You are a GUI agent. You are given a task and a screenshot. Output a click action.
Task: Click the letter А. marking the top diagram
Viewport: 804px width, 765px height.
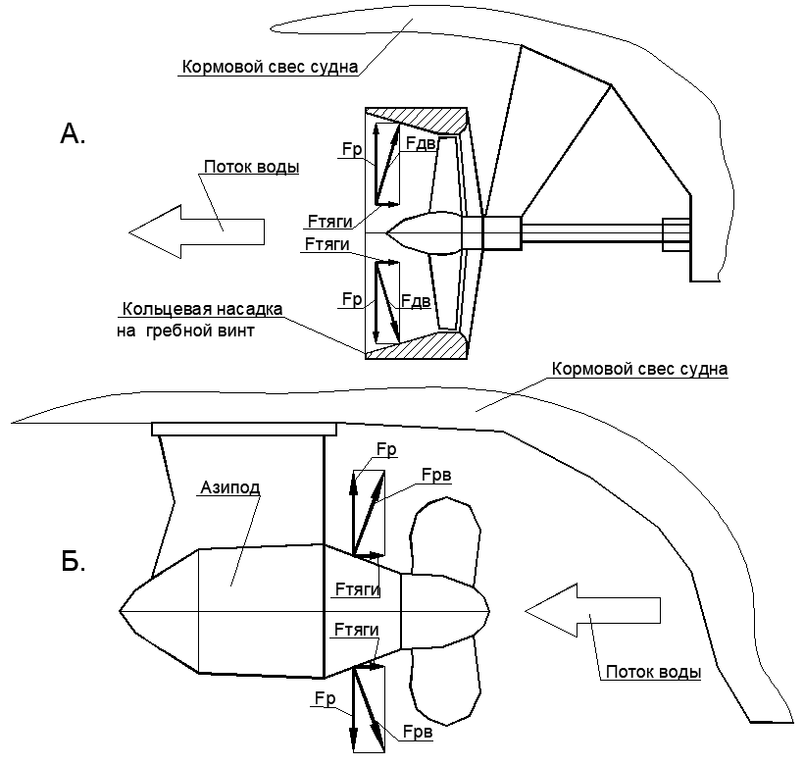tap(73, 133)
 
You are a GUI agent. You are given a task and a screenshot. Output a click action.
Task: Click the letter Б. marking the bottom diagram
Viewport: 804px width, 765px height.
tap(73, 562)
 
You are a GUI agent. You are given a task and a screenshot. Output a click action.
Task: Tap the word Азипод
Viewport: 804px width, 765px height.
tap(229, 487)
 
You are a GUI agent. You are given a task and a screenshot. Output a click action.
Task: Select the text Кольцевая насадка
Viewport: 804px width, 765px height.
tap(203, 309)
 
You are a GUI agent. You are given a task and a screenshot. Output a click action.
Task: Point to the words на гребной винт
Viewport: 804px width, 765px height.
tap(185, 331)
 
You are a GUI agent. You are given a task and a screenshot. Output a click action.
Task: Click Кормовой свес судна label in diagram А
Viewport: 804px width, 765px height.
tap(270, 67)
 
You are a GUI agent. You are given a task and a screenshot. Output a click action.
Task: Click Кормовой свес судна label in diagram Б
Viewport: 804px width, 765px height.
tap(639, 369)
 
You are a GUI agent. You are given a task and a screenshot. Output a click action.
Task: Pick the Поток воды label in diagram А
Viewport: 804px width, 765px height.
tap(251, 167)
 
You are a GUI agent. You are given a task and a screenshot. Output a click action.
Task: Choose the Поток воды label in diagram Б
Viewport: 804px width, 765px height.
tap(653, 672)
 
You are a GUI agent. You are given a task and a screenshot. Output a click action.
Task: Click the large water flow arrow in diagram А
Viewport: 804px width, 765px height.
tap(196, 231)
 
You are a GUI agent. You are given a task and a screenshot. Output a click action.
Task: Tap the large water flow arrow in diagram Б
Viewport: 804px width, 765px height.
tap(593, 610)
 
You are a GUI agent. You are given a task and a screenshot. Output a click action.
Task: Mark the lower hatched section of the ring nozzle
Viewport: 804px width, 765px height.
tap(417, 345)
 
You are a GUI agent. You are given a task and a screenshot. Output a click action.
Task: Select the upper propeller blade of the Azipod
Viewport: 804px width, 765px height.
tap(445, 541)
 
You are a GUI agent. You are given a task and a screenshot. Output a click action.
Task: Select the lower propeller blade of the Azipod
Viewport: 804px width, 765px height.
tap(445, 682)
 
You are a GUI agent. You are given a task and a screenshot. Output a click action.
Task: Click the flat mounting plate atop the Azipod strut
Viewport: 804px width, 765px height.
tap(244, 430)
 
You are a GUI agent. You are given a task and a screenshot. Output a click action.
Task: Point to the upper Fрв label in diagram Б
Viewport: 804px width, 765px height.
tap(436, 476)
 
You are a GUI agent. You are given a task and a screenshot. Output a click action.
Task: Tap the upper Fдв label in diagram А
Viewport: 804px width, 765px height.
tap(421, 143)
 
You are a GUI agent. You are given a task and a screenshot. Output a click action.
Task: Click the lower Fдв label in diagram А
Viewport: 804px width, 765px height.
tap(416, 301)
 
